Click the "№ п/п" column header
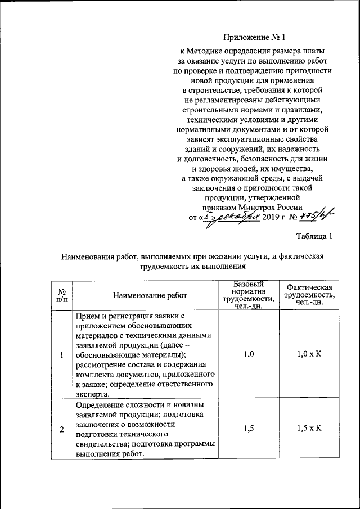[62, 294]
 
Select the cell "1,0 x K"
[309, 354]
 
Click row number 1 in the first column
[62, 354]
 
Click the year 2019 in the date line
[272, 217]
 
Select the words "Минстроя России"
[264, 206]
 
